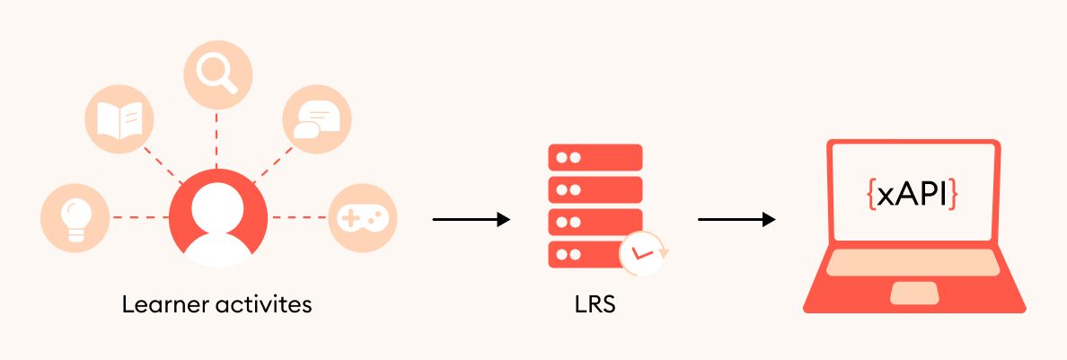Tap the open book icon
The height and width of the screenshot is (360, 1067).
pos(119,119)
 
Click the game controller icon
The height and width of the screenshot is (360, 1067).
pos(361,217)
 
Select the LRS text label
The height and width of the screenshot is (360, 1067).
pos(595,305)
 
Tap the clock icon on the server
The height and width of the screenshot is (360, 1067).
pos(641,252)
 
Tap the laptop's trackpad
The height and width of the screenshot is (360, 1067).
pos(913,293)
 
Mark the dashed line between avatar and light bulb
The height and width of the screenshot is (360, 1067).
pos(139,217)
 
